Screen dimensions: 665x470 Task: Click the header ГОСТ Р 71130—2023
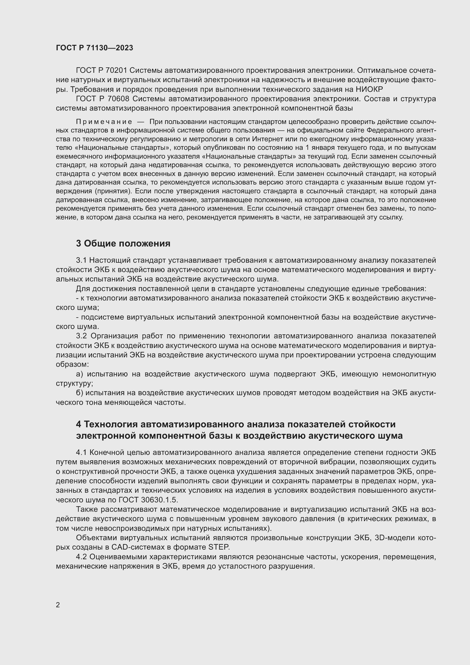pyautogui.click(x=94, y=48)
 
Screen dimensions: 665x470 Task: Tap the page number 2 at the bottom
pyautogui.click(x=58, y=605)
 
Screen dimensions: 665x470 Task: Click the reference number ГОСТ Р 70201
pyautogui.click(x=101, y=71)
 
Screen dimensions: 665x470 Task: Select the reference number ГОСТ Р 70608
pyautogui.click(x=102, y=99)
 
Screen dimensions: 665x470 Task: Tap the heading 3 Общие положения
pyautogui.click(x=123, y=244)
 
